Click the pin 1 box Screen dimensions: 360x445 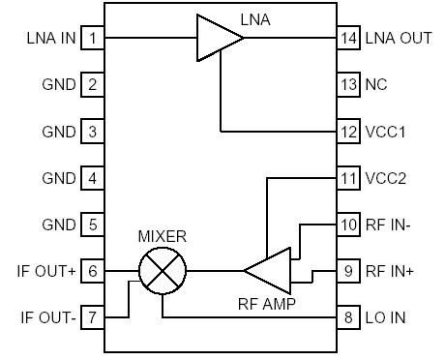click(92, 39)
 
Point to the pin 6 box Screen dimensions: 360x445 click(92, 272)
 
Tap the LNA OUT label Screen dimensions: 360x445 click(399, 39)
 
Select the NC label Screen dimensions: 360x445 click(376, 85)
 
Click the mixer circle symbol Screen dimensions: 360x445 click(160, 272)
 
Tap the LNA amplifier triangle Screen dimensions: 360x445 click(217, 39)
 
